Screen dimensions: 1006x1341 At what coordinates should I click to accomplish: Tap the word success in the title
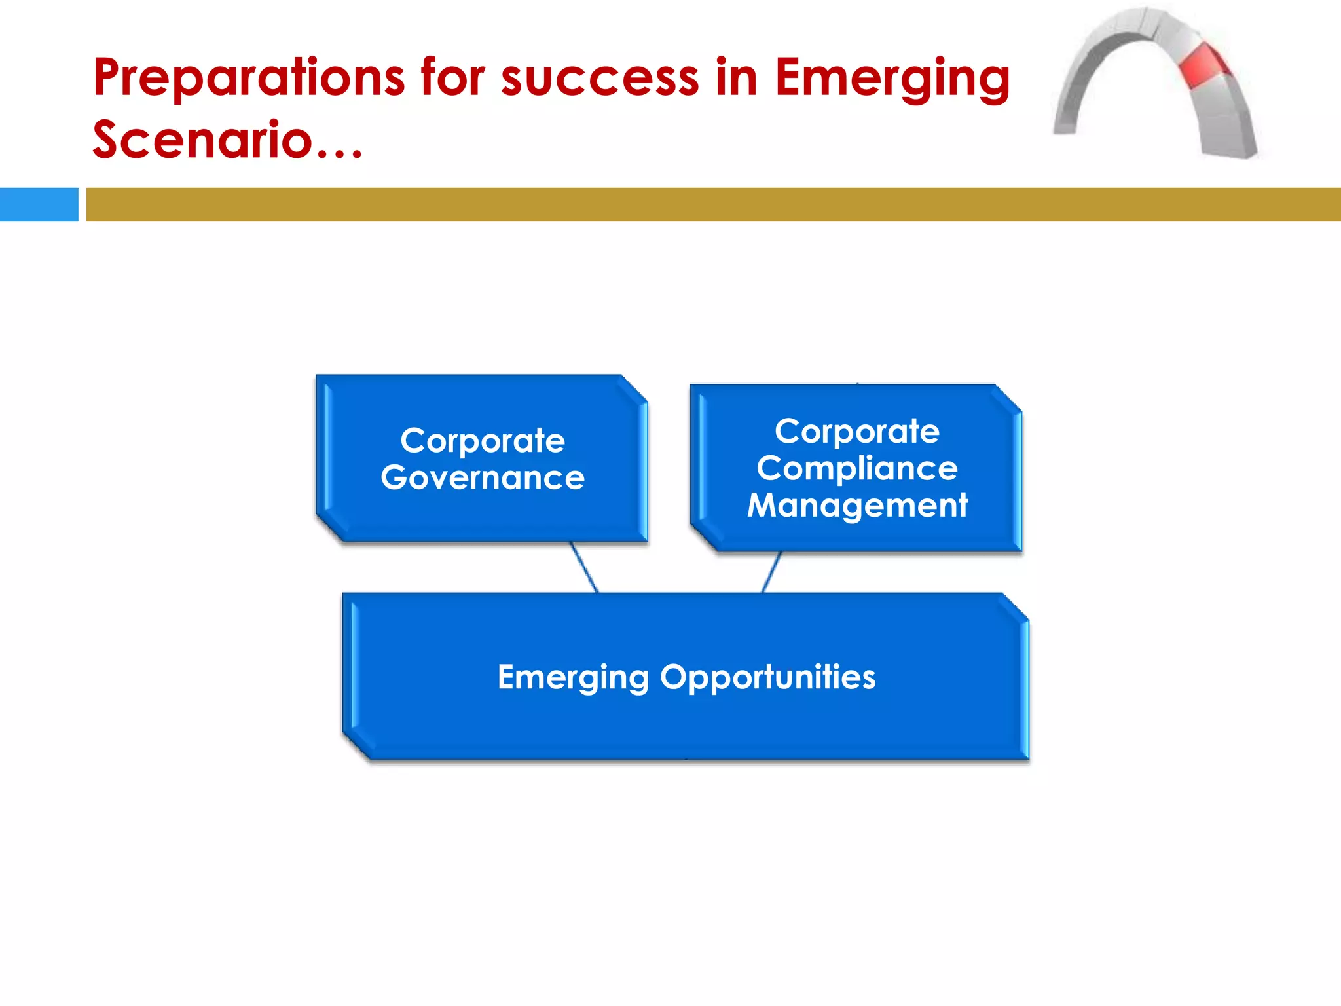click(x=599, y=79)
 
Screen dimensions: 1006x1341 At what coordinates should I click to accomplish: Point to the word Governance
click(x=483, y=478)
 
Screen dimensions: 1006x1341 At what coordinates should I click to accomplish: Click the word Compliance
click(x=856, y=469)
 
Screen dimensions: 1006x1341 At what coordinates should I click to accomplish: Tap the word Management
click(x=856, y=506)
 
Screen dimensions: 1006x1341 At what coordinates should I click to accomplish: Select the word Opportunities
click(x=767, y=678)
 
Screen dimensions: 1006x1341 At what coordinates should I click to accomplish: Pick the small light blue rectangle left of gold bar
click(x=39, y=204)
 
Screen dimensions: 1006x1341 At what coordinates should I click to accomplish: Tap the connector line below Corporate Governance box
click(x=583, y=567)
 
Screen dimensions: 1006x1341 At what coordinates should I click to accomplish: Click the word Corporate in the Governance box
click(x=483, y=441)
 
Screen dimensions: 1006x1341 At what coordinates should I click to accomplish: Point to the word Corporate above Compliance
click(x=856, y=432)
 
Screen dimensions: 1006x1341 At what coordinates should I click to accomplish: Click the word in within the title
click(x=736, y=79)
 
